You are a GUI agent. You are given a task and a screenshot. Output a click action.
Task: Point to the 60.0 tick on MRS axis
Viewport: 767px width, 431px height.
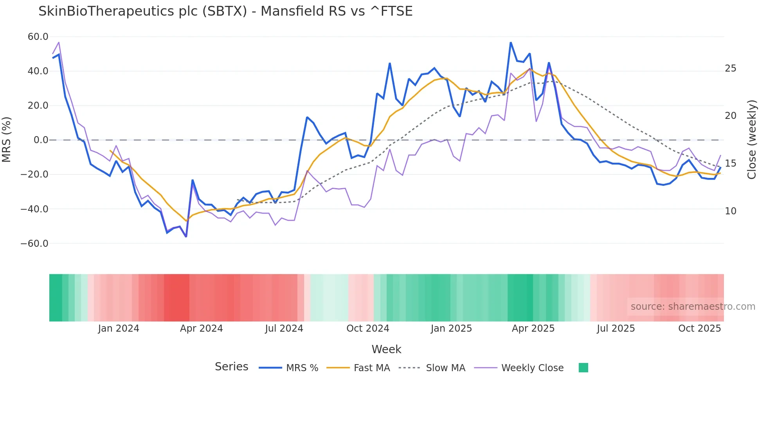coord(38,37)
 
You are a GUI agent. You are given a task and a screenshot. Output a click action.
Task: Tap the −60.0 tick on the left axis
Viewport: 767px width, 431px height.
coord(34,244)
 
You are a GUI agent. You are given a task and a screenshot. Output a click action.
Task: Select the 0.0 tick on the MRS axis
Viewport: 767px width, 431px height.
coord(41,140)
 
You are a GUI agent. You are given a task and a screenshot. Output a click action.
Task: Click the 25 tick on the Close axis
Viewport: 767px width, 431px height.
coord(730,68)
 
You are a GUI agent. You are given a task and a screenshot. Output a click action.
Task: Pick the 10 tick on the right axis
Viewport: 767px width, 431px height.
coord(730,211)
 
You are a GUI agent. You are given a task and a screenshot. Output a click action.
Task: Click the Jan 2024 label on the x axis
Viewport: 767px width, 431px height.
coord(119,329)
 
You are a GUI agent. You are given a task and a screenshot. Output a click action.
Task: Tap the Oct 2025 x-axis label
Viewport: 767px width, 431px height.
coord(699,329)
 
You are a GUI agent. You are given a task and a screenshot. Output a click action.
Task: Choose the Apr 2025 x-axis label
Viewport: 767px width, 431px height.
coord(533,329)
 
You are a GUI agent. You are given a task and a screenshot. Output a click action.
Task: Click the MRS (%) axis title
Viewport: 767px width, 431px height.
coord(7,140)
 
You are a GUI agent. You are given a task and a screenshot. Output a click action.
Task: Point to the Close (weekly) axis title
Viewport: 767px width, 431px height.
coord(752,140)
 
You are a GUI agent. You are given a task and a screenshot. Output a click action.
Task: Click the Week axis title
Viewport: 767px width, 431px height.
coord(386,349)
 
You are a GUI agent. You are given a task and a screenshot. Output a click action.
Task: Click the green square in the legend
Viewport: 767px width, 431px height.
coord(583,368)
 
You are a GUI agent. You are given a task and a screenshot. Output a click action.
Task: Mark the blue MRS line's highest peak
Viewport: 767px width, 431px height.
coord(511,43)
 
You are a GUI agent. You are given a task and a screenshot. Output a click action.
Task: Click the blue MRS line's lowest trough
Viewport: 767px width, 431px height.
coord(186,237)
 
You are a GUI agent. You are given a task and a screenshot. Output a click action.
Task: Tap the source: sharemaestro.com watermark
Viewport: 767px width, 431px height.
coord(693,307)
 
